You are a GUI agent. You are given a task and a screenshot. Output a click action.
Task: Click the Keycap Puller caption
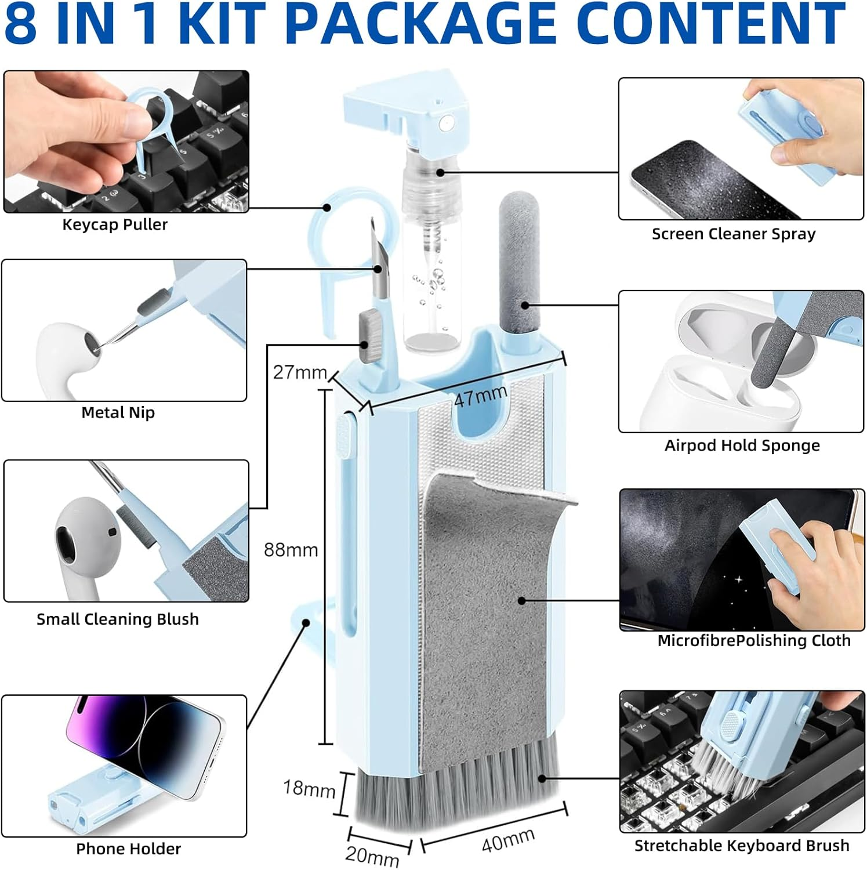[115, 224]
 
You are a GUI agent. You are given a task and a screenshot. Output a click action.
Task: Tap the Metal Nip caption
[118, 412]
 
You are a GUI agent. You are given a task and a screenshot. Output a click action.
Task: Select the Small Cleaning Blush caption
[118, 619]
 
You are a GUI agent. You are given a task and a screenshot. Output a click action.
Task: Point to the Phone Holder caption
[128, 849]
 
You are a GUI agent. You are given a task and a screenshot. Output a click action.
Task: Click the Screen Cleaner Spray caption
[733, 234]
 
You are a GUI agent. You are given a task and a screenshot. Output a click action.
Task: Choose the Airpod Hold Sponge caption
[742, 445]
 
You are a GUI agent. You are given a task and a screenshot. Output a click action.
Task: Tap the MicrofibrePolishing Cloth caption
[753, 640]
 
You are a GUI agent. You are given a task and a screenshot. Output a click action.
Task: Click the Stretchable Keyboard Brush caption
[741, 846]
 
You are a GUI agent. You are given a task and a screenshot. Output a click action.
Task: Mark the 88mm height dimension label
[291, 550]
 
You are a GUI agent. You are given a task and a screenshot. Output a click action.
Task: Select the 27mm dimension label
[299, 372]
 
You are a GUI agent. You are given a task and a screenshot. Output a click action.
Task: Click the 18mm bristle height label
[309, 789]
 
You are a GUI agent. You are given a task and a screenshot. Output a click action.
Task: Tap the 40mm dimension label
[508, 840]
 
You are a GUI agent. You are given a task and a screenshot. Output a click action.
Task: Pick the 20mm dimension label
[372, 855]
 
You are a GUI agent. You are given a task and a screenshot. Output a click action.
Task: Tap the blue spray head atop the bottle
[406, 107]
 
